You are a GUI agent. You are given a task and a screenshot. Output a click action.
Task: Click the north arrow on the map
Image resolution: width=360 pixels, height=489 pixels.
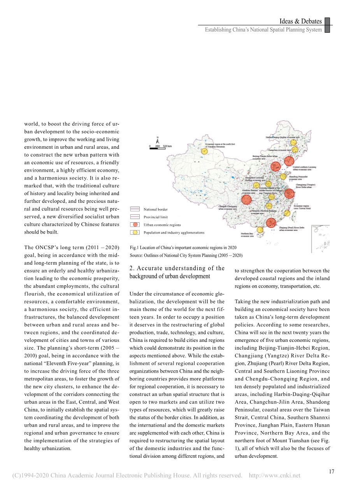pyautogui.click(x=158, y=139)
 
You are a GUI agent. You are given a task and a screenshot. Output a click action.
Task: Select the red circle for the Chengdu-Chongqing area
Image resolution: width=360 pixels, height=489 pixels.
pyautogui.click(x=246, y=200)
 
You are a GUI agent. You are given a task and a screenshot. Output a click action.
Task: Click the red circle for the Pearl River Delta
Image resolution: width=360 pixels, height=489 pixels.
pyautogui.click(x=271, y=223)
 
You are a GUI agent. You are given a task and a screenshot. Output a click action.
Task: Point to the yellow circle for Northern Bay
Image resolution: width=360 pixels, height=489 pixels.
pyautogui.click(x=260, y=229)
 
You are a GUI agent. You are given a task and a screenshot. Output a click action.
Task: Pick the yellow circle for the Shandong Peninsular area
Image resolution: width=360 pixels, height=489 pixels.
pyautogui.click(x=283, y=176)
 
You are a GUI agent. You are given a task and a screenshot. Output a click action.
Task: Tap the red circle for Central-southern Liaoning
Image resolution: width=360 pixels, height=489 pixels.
pyautogui.click(x=289, y=161)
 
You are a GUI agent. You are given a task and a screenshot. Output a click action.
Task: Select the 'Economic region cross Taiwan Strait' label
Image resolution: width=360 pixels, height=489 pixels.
pyautogui.click(x=302, y=207)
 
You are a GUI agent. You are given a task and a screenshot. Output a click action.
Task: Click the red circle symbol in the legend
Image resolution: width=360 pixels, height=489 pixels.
pyautogui.click(x=135, y=225)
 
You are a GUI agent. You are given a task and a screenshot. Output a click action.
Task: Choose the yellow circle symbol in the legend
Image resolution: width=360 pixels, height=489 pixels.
pyautogui.click(x=135, y=232)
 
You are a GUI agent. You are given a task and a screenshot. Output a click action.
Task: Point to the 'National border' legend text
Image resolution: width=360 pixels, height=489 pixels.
pyautogui.click(x=156, y=209)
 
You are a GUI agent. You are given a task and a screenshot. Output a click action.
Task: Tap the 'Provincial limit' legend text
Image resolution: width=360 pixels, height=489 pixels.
pyautogui.click(x=156, y=217)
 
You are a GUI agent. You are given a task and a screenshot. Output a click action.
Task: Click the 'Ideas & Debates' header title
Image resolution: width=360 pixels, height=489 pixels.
pyautogui.click(x=300, y=21)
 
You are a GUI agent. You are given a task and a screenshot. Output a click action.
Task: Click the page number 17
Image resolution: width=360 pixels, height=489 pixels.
pyautogui.click(x=331, y=471)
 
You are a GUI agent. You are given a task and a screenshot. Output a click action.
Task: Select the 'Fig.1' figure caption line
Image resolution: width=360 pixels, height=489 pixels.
pyautogui.click(x=183, y=248)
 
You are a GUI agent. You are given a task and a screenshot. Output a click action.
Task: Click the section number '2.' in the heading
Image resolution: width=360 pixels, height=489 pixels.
pyautogui.click(x=132, y=268)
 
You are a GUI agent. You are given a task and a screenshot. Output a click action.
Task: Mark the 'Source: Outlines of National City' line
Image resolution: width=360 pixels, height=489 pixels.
pyautogui.click(x=186, y=255)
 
